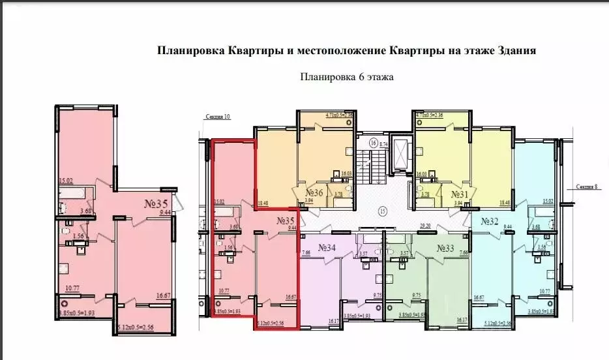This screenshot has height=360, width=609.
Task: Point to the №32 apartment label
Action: click(x=490, y=221)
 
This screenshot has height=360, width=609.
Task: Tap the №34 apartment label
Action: click(x=327, y=247)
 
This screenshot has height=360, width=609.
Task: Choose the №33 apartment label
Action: click(x=445, y=247)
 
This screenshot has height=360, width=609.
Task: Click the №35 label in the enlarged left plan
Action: click(x=156, y=203)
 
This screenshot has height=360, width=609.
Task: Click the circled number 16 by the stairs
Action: click(x=374, y=142)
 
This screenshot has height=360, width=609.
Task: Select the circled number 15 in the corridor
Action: click(x=383, y=210)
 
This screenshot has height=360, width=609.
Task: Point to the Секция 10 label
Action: click(x=218, y=117)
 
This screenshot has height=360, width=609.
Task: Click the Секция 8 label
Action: click(x=588, y=186)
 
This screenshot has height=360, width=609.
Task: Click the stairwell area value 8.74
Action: click(x=384, y=143)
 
